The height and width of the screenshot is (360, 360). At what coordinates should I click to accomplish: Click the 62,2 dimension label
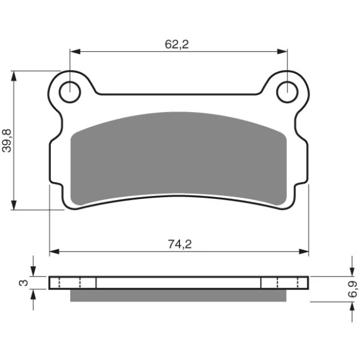tap(177, 45)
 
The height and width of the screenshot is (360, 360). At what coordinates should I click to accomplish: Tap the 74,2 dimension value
tap(180, 245)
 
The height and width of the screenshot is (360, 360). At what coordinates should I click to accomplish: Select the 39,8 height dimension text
tap(7, 141)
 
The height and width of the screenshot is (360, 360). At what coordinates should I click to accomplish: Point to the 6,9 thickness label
tap(352, 289)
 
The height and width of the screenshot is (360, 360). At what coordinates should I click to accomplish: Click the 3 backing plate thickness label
tap(23, 283)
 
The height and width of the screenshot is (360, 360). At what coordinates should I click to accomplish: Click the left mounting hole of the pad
tap(70, 92)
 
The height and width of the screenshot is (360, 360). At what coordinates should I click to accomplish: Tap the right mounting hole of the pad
tap(287, 92)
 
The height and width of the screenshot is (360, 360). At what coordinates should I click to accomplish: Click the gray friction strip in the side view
tap(178, 295)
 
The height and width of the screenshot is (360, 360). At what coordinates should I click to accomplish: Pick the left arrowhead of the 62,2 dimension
tap(75, 51)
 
